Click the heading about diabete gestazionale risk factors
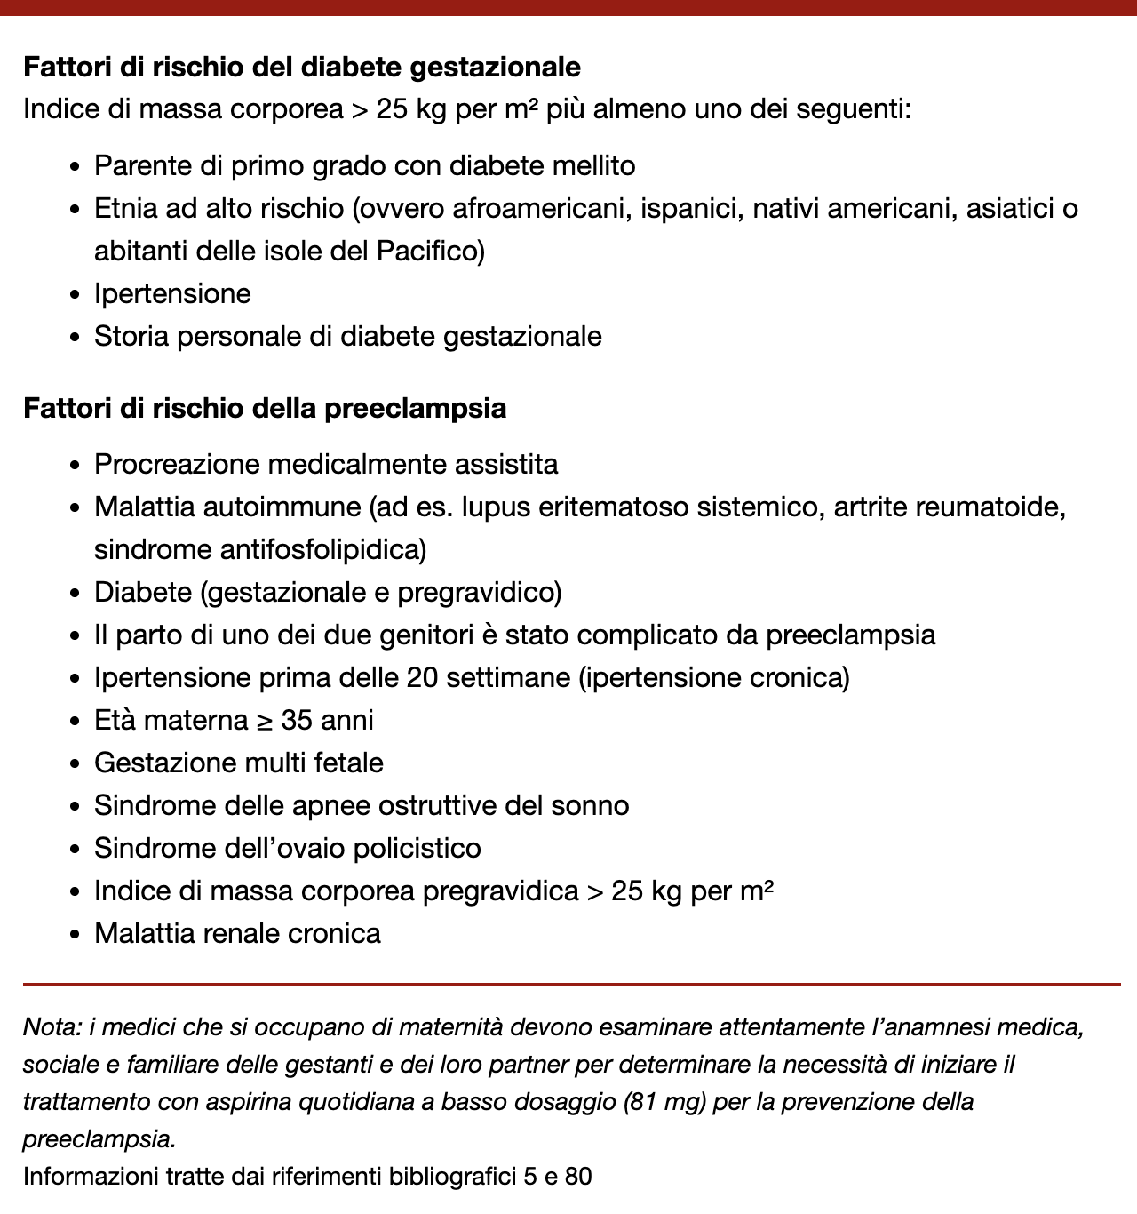[301, 68]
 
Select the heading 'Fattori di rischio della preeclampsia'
[264, 409]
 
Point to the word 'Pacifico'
[430, 252]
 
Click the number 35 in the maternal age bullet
[298, 721]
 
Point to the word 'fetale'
[348, 763]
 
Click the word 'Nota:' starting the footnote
[52, 1028]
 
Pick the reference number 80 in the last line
[577, 1178]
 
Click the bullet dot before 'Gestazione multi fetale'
[76, 764]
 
